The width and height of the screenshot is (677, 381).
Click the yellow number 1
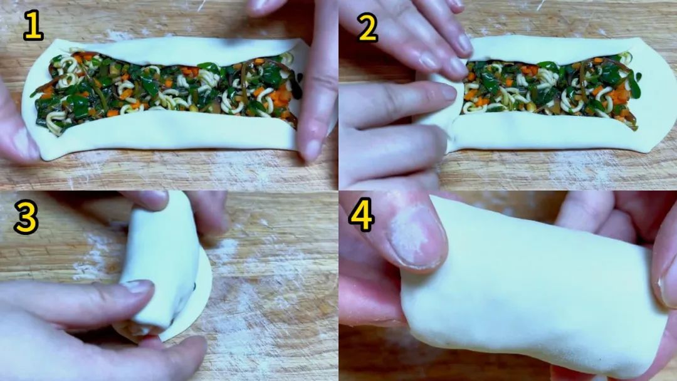point(33,26)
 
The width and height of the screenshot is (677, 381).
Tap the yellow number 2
point(368,27)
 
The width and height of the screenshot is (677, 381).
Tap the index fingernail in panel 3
point(137,286)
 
